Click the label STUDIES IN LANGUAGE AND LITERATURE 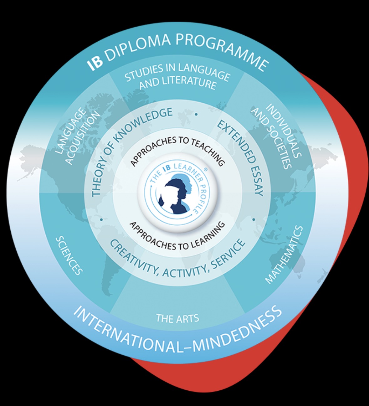(x=177, y=77)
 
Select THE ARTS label (x=177, y=319)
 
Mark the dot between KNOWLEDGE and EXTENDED (x=196, y=114)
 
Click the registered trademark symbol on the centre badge (x=205, y=169)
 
